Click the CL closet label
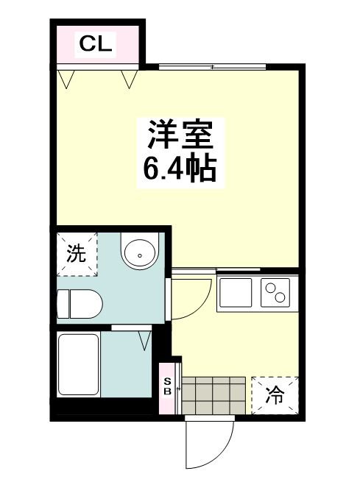[x=96, y=44]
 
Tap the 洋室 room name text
[x=180, y=136]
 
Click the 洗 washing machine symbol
[x=77, y=254]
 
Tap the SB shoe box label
[x=168, y=386]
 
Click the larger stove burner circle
[x=280, y=297]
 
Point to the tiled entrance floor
[x=213, y=396]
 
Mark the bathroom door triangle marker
[x=144, y=339]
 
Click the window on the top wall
[x=211, y=68]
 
